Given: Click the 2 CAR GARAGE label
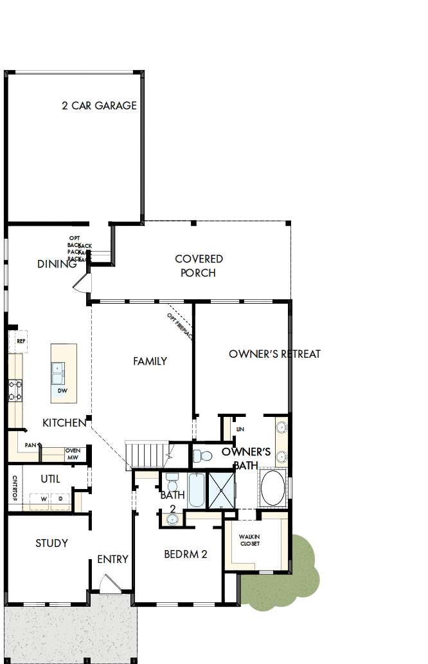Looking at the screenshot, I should pyautogui.click(x=99, y=106).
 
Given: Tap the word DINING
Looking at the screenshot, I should pyautogui.click(x=57, y=264).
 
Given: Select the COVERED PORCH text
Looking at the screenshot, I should pyautogui.click(x=199, y=266).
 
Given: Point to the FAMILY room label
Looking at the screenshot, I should pyautogui.click(x=150, y=362).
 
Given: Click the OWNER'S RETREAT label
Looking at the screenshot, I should pyautogui.click(x=274, y=354).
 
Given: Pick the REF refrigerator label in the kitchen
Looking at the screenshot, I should pyautogui.click(x=21, y=341).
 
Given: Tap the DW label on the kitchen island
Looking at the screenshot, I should pyautogui.click(x=62, y=391).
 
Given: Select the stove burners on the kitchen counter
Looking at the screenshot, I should pyautogui.click(x=15, y=391).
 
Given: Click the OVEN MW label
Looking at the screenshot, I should pyautogui.click(x=73, y=454).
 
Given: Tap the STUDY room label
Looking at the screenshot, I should pyautogui.click(x=51, y=543).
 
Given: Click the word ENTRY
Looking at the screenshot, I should pyautogui.click(x=113, y=559).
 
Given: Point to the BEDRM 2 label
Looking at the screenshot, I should pyautogui.click(x=185, y=554).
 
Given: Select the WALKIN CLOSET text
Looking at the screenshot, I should pyautogui.click(x=249, y=539).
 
